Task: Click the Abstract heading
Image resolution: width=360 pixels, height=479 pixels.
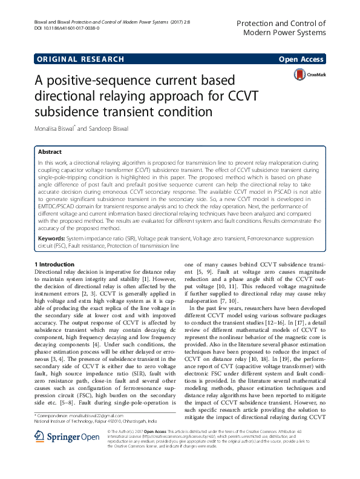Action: pyautogui.click(x=50, y=153)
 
